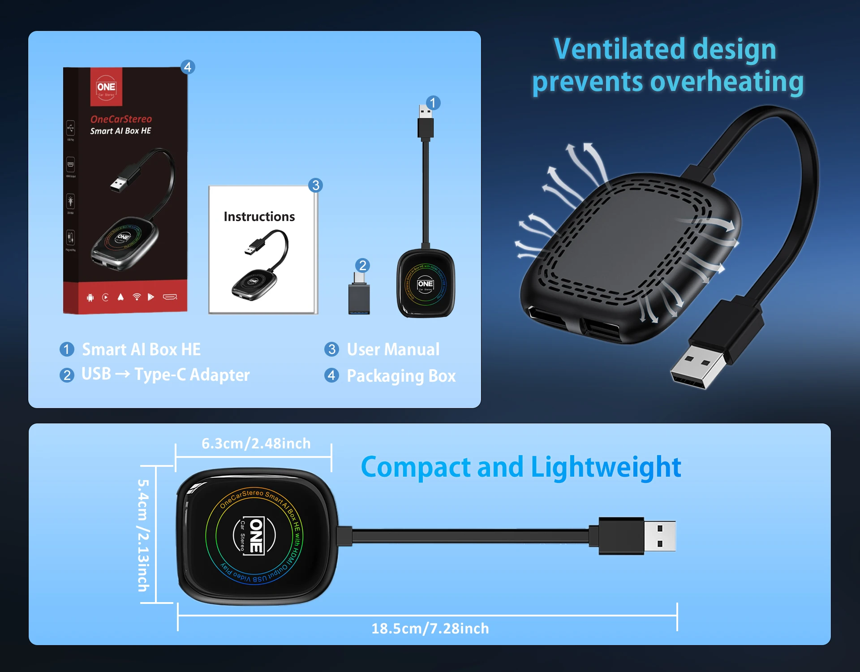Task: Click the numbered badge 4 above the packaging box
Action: pyautogui.click(x=188, y=67)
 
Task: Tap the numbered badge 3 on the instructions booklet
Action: pyautogui.click(x=316, y=185)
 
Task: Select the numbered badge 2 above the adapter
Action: pyautogui.click(x=363, y=265)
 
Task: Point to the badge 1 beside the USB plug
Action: pyautogui.click(x=433, y=103)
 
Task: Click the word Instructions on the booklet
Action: pyautogui.click(x=259, y=217)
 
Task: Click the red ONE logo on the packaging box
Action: pyautogui.click(x=106, y=87)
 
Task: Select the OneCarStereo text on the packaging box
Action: pyautogui.click(x=121, y=119)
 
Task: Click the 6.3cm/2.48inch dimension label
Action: pyautogui.click(x=256, y=444)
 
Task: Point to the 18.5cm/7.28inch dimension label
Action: pyautogui.click(x=430, y=629)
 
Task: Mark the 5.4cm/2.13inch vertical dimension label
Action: pyautogui.click(x=143, y=535)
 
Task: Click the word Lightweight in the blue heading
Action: pyautogui.click(x=606, y=467)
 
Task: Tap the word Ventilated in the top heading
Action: pyautogui.click(x=614, y=49)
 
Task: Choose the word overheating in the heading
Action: pyautogui.click(x=727, y=82)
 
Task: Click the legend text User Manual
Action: pyautogui.click(x=393, y=349)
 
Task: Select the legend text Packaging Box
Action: pyautogui.click(x=401, y=376)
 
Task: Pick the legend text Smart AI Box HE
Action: pyautogui.click(x=141, y=349)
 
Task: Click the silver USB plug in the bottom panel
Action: pyautogui.click(x=659, y=536)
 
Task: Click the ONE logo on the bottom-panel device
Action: pyautogui.click(x=254, y=536)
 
